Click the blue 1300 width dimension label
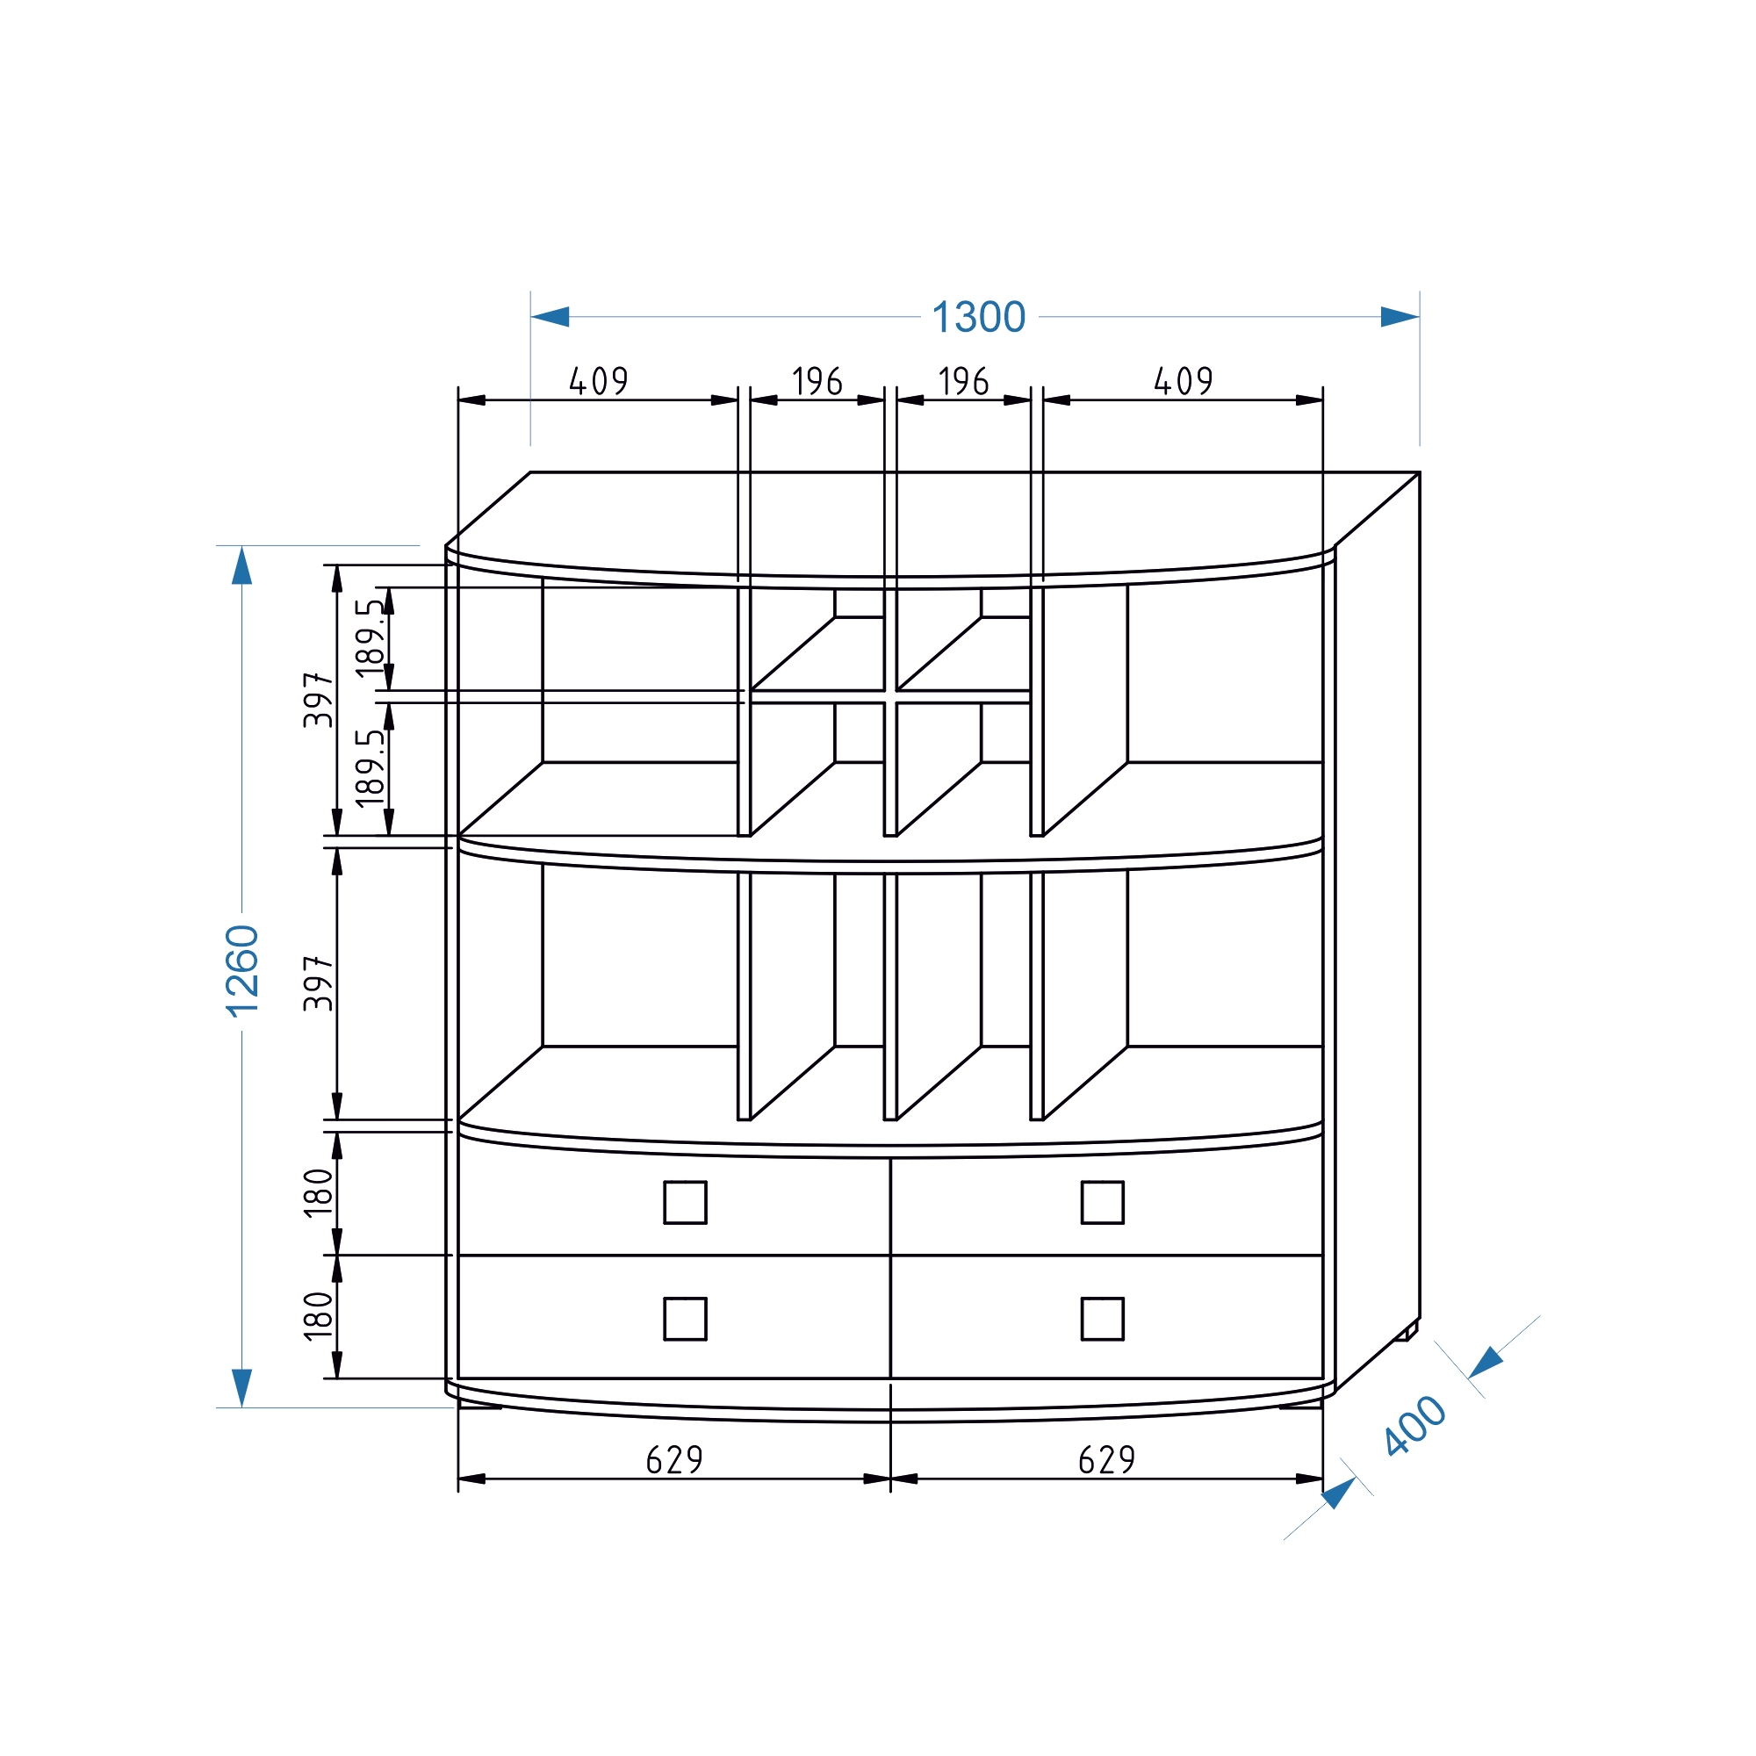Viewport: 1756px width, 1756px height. point(979,317)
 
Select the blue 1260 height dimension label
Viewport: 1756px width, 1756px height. point(242,970)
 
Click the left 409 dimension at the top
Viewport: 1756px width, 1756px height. point(599,381)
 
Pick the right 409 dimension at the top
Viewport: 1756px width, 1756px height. point(1184,381)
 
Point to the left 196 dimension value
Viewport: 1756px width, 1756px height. point(817,381)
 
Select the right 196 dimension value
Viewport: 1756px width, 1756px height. point(963,381)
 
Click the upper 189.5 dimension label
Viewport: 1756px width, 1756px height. point(371,638)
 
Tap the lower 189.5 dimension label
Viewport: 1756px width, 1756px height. point(371,768)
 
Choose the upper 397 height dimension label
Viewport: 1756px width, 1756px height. point(319,700)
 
